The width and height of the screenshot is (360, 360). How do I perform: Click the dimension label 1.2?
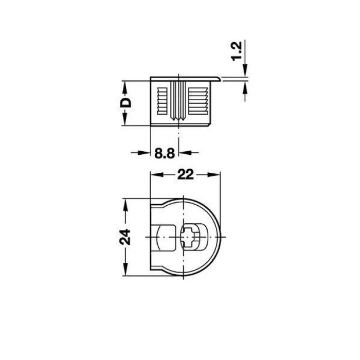237,51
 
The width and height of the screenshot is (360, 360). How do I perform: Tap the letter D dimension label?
125,103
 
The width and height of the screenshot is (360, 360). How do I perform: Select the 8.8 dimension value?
165,153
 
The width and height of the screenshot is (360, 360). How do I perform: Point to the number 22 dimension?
186,175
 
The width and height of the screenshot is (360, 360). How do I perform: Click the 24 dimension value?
125,237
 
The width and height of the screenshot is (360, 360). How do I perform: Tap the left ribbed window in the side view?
162,101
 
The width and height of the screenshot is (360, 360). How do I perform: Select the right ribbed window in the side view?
198,101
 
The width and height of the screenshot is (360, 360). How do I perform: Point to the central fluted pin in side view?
178,101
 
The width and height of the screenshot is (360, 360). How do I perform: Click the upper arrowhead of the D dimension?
125,88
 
